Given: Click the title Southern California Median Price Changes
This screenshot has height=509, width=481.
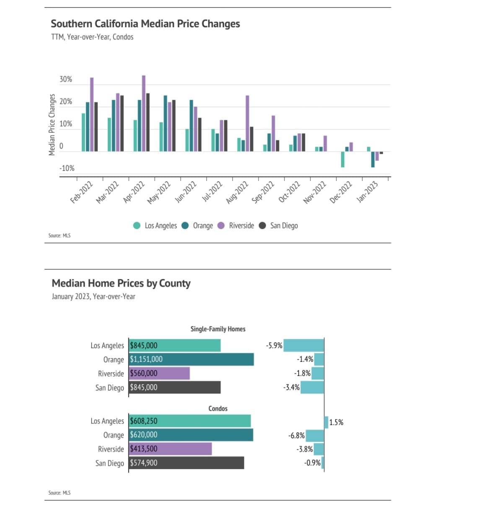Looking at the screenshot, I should tap(145, 24).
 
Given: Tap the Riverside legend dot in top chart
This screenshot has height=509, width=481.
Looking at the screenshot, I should tap(221, 226).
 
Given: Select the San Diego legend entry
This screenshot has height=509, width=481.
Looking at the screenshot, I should tap(284, 226).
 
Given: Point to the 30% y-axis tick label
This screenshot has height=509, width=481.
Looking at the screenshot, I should tap(66, 79).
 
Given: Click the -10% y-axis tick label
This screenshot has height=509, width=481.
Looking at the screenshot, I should tap(67, 168).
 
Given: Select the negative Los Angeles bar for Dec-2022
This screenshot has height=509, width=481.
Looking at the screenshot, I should tap(343, 159).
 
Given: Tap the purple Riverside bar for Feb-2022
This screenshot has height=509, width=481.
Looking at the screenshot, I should tap(92, 114).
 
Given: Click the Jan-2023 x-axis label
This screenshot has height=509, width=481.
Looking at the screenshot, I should tap(367, 192).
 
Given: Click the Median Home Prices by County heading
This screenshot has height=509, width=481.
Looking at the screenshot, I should tap(121, 284).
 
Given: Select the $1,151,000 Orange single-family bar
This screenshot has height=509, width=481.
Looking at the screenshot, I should tap(191, 359).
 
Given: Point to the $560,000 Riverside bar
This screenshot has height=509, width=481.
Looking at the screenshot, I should tap(159, 373).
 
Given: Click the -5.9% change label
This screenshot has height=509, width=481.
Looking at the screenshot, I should tap(274, 346).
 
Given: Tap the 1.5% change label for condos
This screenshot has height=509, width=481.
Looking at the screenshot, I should tap(336, 422).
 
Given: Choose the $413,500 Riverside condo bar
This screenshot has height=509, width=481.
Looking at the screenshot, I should tap(170, 449).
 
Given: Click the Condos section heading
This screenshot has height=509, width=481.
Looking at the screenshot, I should tap(218, 408).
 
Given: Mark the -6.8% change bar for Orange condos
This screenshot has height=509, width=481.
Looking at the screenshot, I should tap(315, 436).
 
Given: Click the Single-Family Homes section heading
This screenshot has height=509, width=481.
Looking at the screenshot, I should tap(218, 329).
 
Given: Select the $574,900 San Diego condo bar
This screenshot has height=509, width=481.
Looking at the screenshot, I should tap(186, 463).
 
